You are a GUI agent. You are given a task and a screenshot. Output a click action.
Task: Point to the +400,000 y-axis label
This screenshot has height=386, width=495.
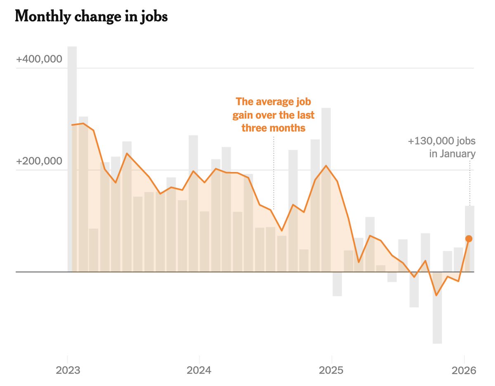click(39, 59)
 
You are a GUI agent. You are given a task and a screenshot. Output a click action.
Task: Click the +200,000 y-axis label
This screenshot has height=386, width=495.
click(39, 161)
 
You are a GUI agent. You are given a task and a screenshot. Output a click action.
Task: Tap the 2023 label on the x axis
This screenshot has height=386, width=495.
click(68, 370)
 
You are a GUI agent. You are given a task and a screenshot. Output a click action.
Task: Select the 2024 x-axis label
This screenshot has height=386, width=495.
click(199, 370)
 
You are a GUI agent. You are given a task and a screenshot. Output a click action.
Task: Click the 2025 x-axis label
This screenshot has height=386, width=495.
click(331, 370)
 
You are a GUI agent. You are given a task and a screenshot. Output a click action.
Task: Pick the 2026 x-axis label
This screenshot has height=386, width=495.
click(464, 370)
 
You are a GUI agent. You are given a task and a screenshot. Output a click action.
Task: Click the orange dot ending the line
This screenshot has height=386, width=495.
click(469, 239)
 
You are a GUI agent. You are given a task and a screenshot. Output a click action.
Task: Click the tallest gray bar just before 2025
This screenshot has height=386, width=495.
click(326, 189)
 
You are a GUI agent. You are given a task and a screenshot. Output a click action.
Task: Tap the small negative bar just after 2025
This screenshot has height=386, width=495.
click(337, 284)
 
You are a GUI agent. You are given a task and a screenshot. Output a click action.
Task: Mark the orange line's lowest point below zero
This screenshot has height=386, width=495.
click(436, 295)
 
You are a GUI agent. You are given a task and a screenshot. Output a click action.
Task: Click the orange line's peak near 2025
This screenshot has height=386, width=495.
click(326, 166)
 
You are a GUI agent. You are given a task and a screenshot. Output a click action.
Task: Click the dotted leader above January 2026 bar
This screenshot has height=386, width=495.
click(469, 183)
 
